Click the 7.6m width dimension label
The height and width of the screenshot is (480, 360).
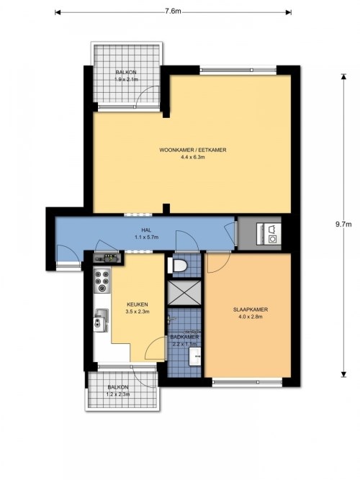click(x=173, y=12)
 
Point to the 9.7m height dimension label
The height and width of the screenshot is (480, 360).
click(x=343, y=224)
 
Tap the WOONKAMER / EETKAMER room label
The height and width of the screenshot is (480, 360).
click(x=193, y=150)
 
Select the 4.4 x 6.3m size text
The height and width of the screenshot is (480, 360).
click(x=193, y=158)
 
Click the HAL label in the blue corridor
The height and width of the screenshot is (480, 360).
click(x=146, y=230)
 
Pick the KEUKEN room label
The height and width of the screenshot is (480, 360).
click(x=138, y=304)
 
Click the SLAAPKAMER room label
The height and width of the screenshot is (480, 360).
click(x=251, y=309)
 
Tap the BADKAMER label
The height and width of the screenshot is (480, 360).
click(x=184, y=337)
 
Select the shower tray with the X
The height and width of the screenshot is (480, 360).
click(x=184, y=293)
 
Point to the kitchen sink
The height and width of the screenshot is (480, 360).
click(x=101, y=320)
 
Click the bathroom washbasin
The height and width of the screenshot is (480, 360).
click(x=195, y=356)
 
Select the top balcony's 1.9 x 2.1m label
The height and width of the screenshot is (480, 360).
click(x=126, y=80)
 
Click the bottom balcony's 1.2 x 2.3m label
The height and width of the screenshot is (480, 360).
click(x=118, y=394)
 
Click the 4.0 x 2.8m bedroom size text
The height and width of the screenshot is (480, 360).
click(x=251, y=317)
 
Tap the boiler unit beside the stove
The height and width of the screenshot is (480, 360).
click(x=108, y=258)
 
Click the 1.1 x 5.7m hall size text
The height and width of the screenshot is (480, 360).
click(x=146, y=237)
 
